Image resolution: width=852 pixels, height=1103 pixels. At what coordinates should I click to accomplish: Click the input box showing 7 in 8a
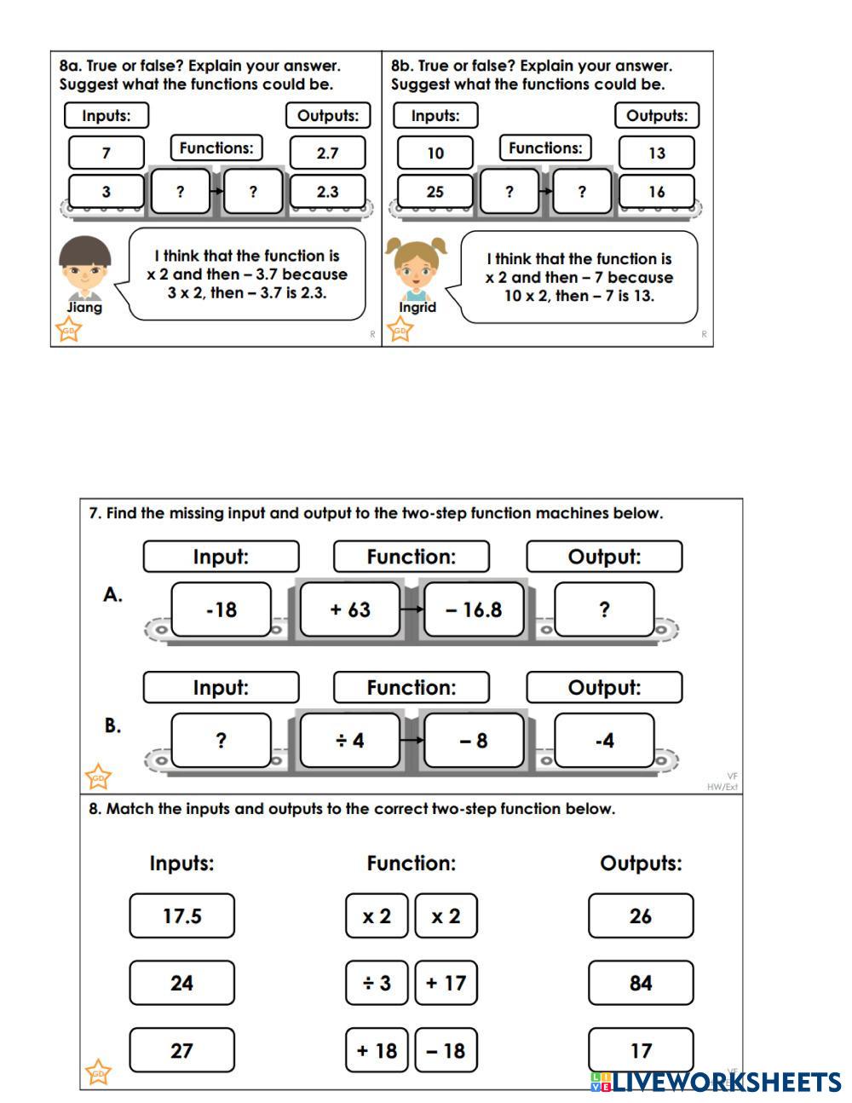pos(106,153)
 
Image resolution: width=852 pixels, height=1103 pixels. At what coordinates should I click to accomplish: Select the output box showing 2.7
pos(327,153)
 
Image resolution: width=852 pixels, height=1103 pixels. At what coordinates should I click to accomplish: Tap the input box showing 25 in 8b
pos(435,192)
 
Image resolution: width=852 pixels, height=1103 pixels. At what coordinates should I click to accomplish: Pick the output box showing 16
pos(656,192)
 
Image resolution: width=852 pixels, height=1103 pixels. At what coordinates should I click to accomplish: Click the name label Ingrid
pos(417,307)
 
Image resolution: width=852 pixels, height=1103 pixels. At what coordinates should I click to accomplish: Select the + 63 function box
pos(350,609)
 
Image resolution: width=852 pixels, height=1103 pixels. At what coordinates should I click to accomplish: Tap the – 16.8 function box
pos(474,609)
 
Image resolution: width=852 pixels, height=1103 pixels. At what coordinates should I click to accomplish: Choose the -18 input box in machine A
pos(222,609)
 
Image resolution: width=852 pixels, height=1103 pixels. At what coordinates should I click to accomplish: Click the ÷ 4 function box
pos(350,740)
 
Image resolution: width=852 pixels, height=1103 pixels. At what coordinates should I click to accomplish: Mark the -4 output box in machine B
pos(604,740)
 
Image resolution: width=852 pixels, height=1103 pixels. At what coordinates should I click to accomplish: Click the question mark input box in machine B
pos(222,740)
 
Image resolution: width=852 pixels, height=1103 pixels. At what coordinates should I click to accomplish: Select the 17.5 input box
pos(182,916)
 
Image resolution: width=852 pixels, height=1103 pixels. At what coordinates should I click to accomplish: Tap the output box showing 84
pos(641,983)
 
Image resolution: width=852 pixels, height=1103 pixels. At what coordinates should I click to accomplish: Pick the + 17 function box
pos(446,983)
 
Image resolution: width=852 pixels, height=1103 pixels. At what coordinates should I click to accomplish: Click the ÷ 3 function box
pos(377,983)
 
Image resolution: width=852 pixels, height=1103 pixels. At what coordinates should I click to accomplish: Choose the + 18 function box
pos(377,1050)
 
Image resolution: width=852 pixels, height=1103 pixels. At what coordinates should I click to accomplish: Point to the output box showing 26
pos(641,916)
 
